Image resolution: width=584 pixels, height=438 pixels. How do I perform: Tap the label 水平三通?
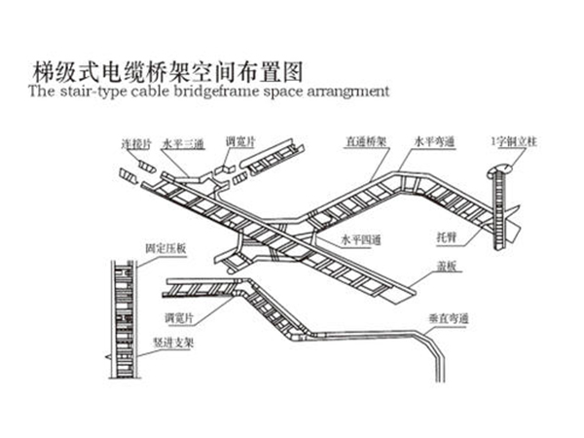click(x=183, y=144)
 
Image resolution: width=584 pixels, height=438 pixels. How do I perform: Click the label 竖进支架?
click(x=183, y=342)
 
